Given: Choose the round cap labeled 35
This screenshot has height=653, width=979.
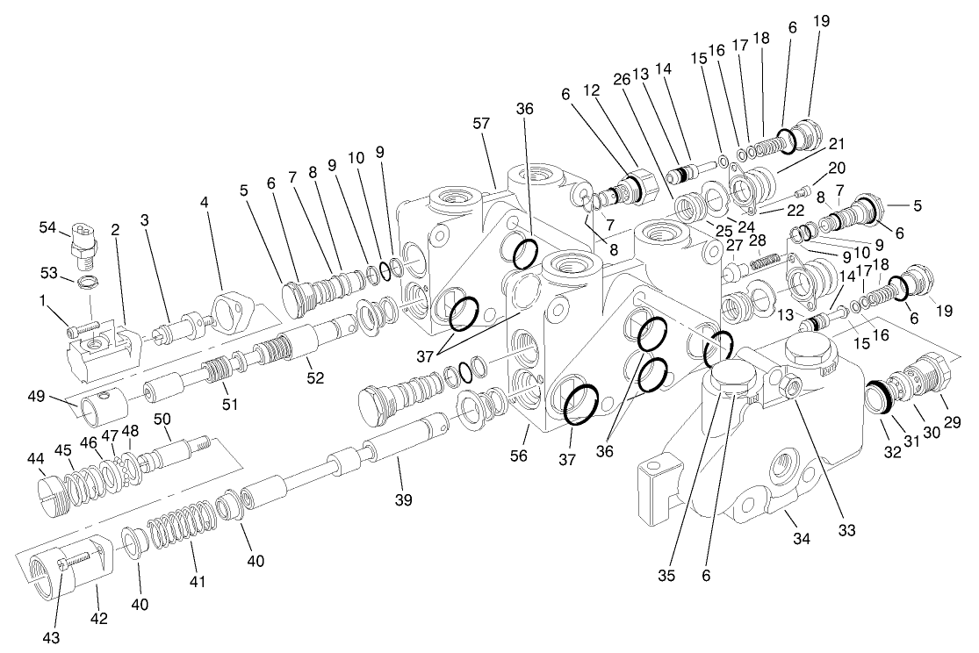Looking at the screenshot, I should [731, 377].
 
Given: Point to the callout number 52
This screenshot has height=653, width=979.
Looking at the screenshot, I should [315, 378].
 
